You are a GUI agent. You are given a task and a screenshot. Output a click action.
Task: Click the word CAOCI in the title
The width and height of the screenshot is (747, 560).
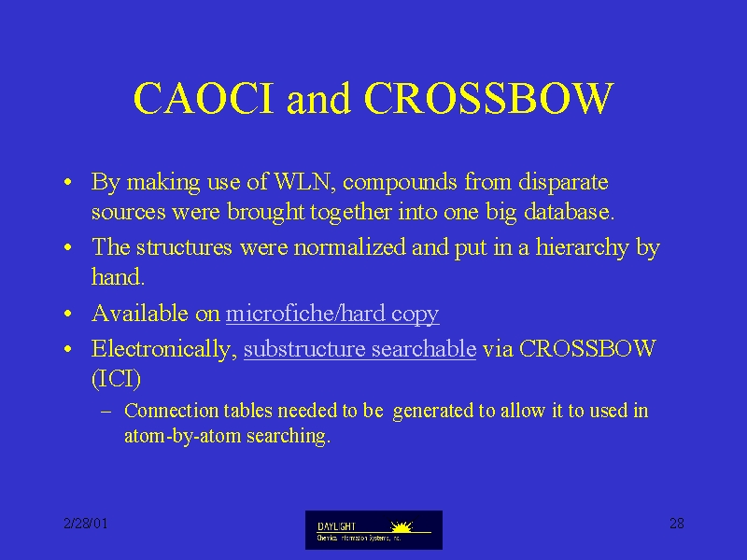tap(204, 98)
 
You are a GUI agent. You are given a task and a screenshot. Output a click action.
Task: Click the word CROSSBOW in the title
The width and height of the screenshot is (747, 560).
tap(488, 98)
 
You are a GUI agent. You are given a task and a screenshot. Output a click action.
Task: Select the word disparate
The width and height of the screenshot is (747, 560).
tap(563, 183)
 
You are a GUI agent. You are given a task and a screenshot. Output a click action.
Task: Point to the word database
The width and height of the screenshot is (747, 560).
tap(569, 212)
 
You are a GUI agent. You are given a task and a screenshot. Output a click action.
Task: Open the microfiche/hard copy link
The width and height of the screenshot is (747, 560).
tap(332, 315)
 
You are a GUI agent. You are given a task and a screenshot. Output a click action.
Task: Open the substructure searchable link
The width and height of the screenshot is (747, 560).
tap(359, 348)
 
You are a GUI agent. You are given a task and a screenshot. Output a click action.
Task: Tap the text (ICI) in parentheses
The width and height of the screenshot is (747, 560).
tap(116, 379)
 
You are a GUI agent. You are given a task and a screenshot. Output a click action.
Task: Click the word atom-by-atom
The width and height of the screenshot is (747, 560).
tap(182, 436)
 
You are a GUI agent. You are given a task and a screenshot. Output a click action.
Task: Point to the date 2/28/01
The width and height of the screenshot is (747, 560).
tap(86, 524)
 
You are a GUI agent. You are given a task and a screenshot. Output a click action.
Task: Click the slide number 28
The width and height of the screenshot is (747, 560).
tap(676, 524)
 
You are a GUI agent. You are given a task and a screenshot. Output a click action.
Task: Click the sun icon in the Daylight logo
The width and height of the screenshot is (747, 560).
tap(402, 526)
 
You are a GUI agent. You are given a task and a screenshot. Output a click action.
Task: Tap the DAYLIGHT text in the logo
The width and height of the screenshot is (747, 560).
tap(336, 526)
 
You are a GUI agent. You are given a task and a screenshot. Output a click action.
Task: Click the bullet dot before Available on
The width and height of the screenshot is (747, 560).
tap(68, 314)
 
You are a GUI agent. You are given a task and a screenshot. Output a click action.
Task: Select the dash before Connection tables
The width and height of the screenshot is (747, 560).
tap(106, 411)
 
